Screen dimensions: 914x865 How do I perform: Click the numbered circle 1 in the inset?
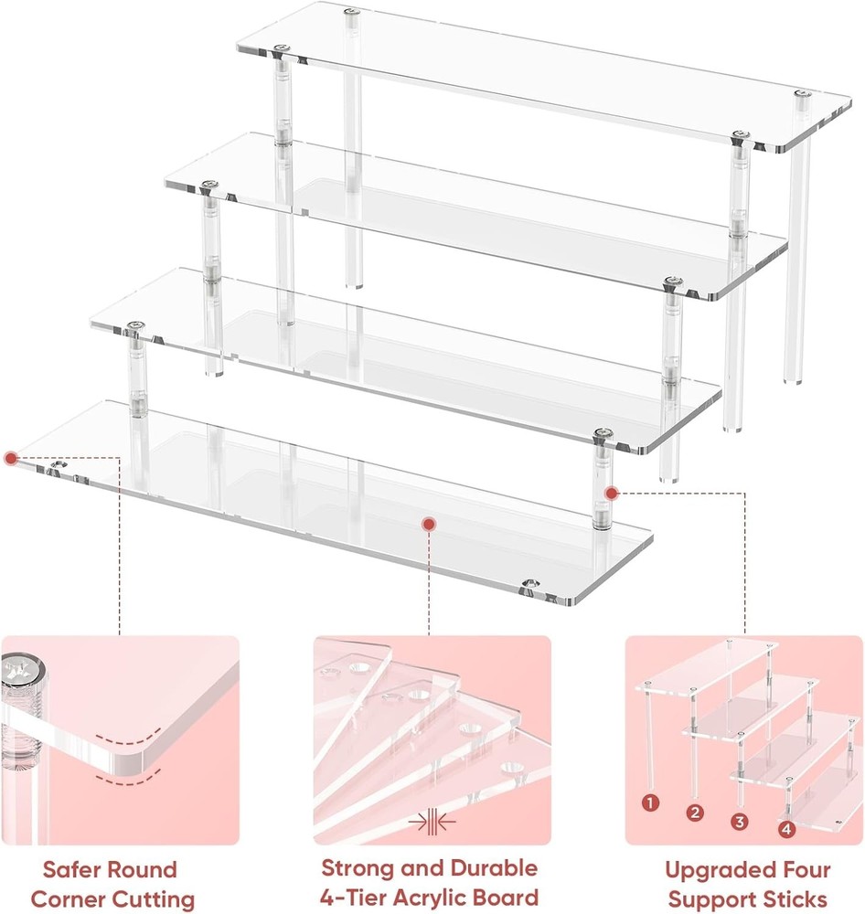tap(650, 803)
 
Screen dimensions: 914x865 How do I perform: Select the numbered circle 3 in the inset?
tap(739, 821)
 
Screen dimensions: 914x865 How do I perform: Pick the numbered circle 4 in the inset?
tap(785, 829)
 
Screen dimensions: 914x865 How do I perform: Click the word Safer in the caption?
tap(78, 869)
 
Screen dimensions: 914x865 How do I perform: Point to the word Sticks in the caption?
tap(796, 898)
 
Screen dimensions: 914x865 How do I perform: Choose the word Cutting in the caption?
tap(154, 898)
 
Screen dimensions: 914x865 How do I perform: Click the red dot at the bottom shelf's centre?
tap(428, 523)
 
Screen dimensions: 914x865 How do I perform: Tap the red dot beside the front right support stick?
tap(612, 494)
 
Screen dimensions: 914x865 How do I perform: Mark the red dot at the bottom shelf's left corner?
tap(10, 458)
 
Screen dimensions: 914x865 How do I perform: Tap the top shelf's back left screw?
tap(352, 12)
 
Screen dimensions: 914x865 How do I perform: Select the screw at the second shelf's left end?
tap(210, 186)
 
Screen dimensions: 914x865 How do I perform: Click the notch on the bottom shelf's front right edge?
tap(529, 584)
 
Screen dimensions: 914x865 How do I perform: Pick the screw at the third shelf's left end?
tap(137, 325)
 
